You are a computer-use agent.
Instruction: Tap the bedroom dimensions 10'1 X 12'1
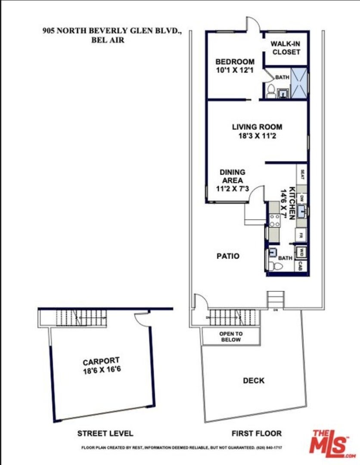tap(235, 70)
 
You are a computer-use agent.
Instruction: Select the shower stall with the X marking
tap(300, 83)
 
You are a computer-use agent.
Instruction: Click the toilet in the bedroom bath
tap(271, 91)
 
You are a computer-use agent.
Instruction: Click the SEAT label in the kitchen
tap(302, 174)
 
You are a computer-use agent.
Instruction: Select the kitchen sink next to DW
tap(302, 211)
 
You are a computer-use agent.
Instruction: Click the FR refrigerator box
tap(302, 236)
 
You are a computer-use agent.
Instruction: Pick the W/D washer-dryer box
tap(302, 251)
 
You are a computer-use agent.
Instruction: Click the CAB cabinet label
tap(302, 266)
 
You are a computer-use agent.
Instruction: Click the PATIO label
tap(228, 256)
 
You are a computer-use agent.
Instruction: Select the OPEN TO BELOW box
tap(231, 337)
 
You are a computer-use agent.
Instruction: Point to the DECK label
tap(254, 381)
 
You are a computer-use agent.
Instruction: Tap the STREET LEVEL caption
tap(105, 434)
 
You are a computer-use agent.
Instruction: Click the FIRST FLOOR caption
tap(256, 434)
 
